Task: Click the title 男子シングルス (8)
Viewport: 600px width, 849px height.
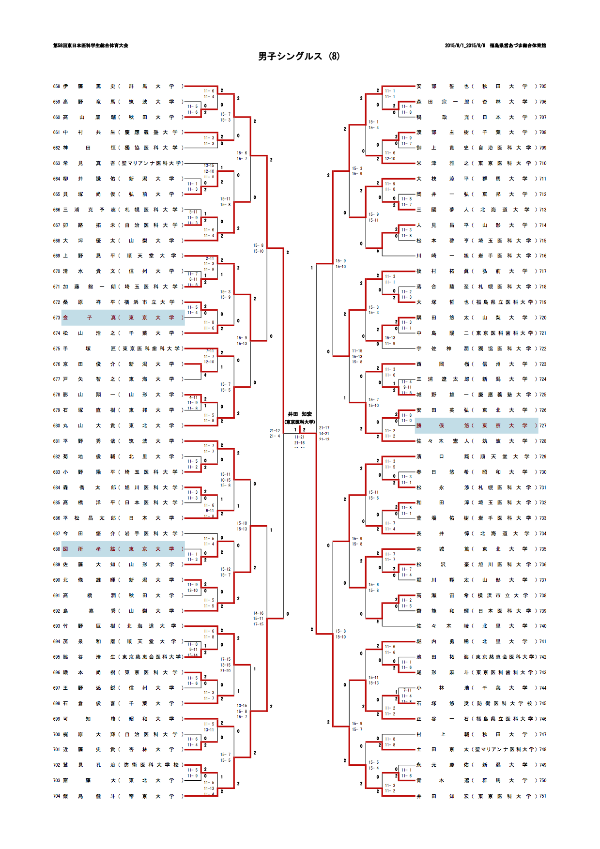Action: pyautogui.click(x=299, y=57)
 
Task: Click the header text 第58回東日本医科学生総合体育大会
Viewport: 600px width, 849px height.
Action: pyautogui.click(x=91, y=45)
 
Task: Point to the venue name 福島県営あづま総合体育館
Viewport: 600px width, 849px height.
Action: pyautogui.click(x=517, y=45)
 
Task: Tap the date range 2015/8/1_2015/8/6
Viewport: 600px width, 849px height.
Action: pyautogui.click(x=464, y=45)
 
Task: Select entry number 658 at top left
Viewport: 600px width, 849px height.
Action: pyautogui.click(x=57, y=86)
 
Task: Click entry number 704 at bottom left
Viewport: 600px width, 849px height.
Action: pyautogui.click(x=57, y=796)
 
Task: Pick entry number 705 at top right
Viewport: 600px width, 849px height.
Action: pyautogui.click(x=543, y=86)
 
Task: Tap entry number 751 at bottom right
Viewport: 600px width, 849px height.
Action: pyautogui.click(x=543, y=796)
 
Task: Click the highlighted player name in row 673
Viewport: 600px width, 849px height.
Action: pyautogui.click(x=90, y=318)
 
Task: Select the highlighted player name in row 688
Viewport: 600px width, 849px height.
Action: pyautogui.click(x=90, y=549)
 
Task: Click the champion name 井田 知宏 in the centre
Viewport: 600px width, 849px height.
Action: pyautogui.click(x=300, y=414)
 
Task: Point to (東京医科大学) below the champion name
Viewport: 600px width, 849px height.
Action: pyautogui.click(x=300, y=422)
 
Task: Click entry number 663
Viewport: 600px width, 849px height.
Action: pyautogui.click(x=57, y=163)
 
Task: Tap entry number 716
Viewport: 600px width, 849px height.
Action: pyautogui.click(x=543, y=256)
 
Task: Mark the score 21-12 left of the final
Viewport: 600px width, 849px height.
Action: pyautogui.click(x=275, y=430)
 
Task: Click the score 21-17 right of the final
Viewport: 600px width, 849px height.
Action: pyautogui.click(x=324, y=428)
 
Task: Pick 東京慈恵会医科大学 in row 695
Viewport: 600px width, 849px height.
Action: pyautogui.click(x=152, y=657)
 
